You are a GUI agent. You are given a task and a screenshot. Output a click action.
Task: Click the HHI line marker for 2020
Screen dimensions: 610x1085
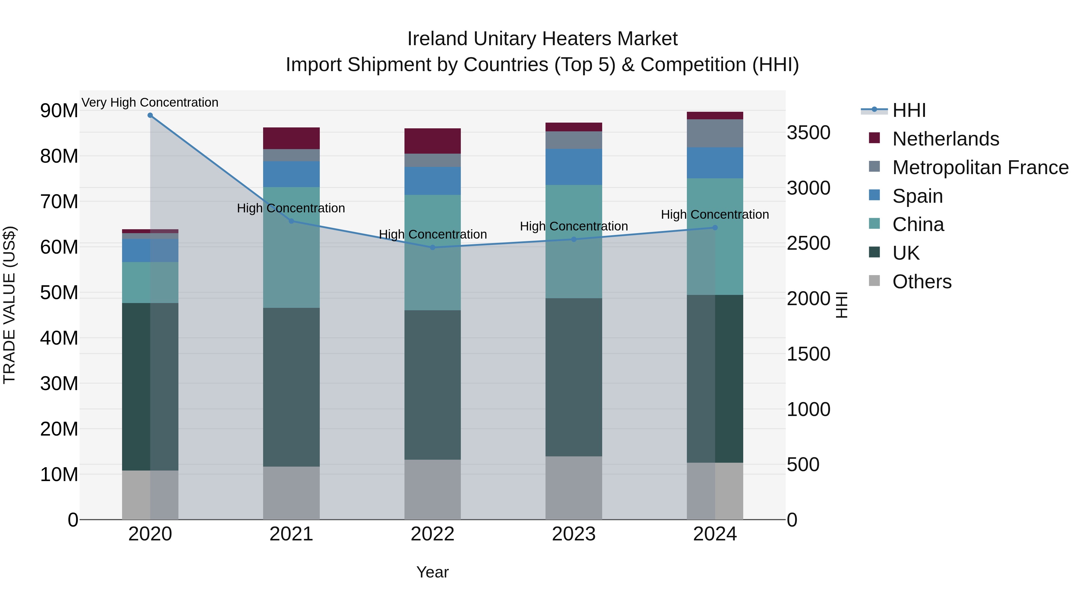(150, 115)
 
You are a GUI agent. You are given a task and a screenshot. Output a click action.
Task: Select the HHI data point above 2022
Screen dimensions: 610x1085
(432, 248)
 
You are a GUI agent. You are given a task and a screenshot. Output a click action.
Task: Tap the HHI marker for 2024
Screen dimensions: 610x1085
(715, 228)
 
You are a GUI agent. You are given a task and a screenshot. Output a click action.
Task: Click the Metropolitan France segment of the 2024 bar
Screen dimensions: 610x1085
(715, 133)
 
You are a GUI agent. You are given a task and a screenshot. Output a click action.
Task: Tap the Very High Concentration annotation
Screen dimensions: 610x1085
(150, 103)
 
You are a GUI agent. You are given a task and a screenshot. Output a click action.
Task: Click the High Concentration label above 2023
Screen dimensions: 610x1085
(574, 227)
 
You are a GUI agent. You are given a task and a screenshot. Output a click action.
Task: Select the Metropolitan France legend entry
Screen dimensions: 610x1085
(980, 167)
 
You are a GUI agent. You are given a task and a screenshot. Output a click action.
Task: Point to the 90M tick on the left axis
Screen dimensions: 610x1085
(59, 111)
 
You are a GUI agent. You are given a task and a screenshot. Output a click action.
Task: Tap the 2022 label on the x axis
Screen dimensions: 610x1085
(432, 534)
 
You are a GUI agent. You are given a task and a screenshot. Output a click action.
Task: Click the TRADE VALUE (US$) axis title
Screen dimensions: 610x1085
(9, 305)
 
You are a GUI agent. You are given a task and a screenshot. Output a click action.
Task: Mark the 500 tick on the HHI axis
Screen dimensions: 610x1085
(803, 465)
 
